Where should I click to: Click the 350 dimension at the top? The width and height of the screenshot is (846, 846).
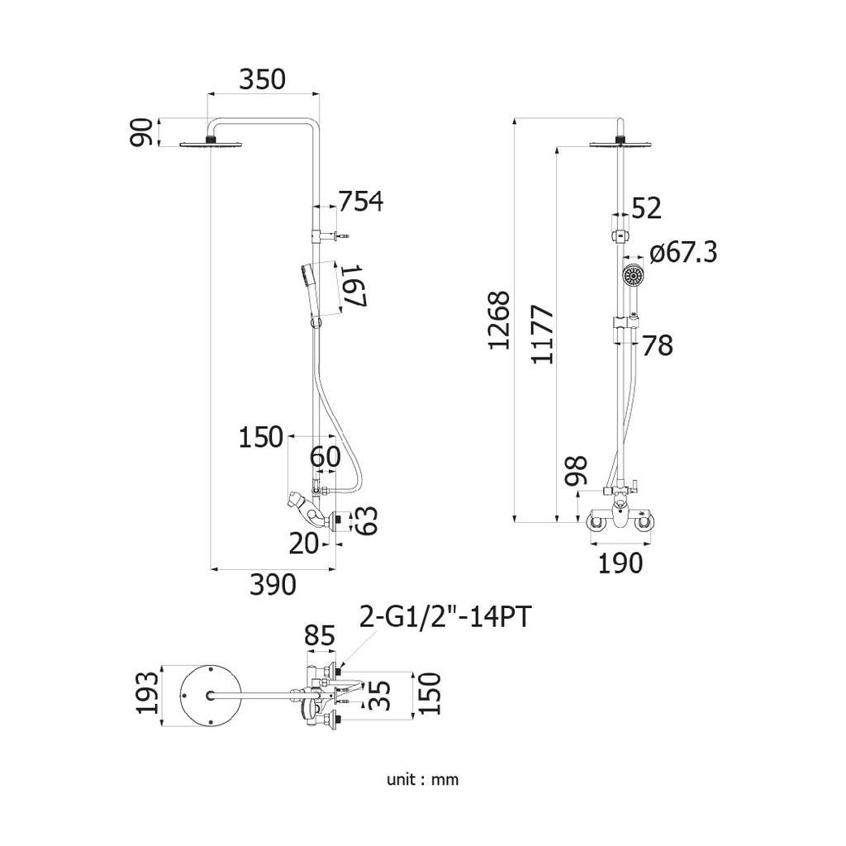click(x=262, y=79)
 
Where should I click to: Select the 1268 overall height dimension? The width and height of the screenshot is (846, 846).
click(x=500, y=321)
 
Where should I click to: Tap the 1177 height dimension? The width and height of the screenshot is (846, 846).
click(x=543, y=335)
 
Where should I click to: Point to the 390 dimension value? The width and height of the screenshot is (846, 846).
click(x=273, y=585)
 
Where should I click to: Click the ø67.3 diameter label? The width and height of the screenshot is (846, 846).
click(x=683, y=252)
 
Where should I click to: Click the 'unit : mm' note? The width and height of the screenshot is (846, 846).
click(x=422, y=780)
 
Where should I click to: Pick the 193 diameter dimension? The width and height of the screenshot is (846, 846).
click(x=148, y=693)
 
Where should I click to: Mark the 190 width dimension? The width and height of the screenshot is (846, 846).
click(x=620, y=563)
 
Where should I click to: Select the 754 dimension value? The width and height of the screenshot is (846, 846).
click(x=361, y=202)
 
